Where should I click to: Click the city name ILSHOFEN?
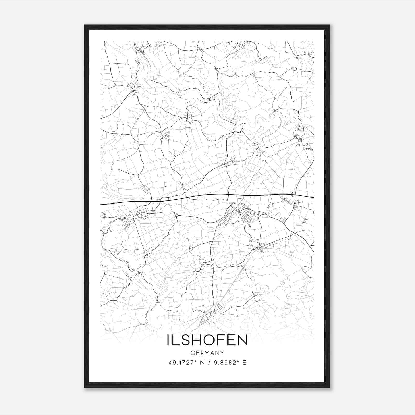[x=207, y=341]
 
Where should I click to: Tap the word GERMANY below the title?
[x=207, y=353]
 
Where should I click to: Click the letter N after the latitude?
[x=202, y=363]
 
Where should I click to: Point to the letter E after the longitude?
[x=244, y=363]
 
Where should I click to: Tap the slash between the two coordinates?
[x=209, y=363]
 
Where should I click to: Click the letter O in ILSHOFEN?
[x=208, y=341]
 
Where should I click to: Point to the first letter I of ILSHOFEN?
[x=169, y=341]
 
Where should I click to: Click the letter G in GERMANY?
[x=192, y=353]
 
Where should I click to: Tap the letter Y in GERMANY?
[x=222, y=353]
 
